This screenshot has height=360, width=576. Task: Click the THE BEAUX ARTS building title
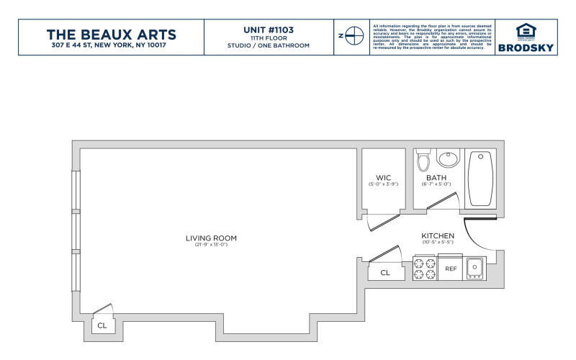coord(111,34)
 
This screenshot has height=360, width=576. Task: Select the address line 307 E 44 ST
coord(111,46)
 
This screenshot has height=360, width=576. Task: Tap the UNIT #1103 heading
coord(268,30)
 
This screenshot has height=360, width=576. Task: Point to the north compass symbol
coord(352,35)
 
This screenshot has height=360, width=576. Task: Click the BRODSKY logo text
coord(527,48)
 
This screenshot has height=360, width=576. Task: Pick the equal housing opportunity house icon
coord(527,31)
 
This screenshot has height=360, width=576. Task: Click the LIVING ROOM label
coord(211,238)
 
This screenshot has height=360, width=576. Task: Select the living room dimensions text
coord(211,246)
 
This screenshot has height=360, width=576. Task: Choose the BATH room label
coord(436,177)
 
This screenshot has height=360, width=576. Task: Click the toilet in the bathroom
coord(423,159)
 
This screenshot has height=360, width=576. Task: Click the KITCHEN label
coord(438,236)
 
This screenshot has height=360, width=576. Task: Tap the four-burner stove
coord(424,269)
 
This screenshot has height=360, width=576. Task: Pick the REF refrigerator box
coord(451,269)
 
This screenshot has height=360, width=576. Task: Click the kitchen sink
coord(474,269)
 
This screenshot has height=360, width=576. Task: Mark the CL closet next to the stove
coord(385,273)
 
